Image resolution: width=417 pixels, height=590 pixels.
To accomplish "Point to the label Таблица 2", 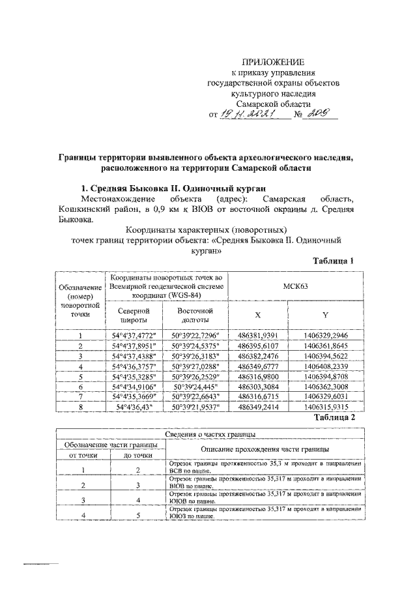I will pyautogui.click(x=333, y=435).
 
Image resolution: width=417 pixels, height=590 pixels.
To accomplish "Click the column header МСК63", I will pyautogui.click(x=296, y=286).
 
